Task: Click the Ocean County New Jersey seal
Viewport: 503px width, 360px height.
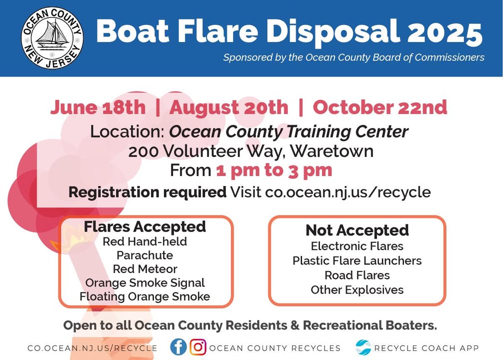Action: [x=52, y=38]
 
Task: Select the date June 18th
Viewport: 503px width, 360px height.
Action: [x=98, y=107]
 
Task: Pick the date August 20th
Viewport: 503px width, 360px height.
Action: [x=228, y=107]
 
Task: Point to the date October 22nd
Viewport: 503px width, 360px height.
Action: [x=380, y=107]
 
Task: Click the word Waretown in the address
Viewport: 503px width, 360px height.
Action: [x=331, y=151]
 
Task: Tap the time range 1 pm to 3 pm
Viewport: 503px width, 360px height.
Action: [x=274, y=170]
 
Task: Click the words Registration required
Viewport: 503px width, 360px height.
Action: [x=147, y=192]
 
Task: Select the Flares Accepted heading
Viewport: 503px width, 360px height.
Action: [x=144, y=226]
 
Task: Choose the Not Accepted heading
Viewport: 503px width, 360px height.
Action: [x=357, y=230]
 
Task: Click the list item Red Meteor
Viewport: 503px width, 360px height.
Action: [x=145, y=269]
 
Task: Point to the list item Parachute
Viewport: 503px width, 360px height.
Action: [x=145, y=255]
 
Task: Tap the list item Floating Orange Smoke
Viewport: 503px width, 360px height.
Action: [x=145, y=296]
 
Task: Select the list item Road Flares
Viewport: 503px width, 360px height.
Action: [x=357, y=275]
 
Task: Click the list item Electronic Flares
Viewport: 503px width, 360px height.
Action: [x=357, y=246]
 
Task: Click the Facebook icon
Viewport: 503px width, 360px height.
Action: [x=178, y=347]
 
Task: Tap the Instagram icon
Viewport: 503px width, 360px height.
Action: [x=198, y=347]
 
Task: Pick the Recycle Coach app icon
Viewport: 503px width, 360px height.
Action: [x=363, y=347]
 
